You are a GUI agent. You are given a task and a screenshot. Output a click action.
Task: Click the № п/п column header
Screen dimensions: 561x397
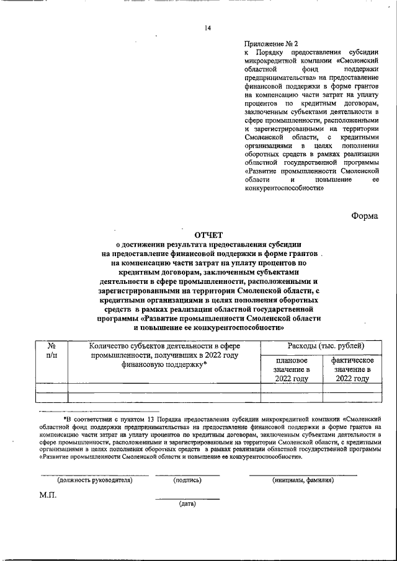[x=52, y=351]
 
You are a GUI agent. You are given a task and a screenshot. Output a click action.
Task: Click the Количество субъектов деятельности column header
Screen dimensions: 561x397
[x=164, y=356]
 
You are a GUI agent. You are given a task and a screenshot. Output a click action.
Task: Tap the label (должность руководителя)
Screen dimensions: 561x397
[x=95, y=480]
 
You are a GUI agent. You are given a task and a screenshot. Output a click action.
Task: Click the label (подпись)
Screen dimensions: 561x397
[x=187, y=480]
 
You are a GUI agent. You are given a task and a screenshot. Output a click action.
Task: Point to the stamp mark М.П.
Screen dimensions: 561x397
[x=48, y=496]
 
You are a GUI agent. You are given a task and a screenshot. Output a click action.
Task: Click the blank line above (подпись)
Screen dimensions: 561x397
[x=187, y=474]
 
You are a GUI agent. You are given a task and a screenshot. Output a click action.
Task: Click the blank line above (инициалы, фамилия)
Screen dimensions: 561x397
[x=303, y=474]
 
